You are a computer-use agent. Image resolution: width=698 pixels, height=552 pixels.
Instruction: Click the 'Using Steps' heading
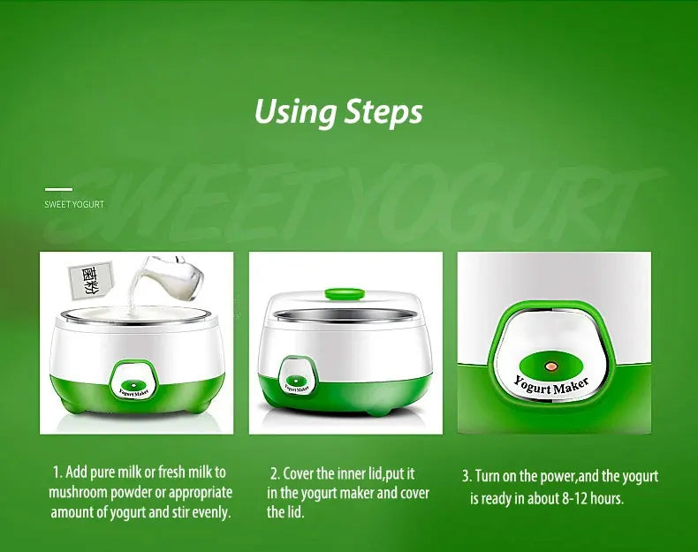pos(338,113)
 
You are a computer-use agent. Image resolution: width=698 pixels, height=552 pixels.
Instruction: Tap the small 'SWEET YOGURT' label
pos(74,204)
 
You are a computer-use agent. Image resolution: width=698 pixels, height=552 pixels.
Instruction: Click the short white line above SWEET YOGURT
pos(58,188)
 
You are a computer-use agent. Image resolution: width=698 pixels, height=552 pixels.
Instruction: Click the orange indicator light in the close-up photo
pos(550,366)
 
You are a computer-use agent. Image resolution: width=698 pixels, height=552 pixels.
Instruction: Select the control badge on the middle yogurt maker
pos(296,376)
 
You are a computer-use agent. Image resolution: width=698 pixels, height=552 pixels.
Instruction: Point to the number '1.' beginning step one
pos(57,473)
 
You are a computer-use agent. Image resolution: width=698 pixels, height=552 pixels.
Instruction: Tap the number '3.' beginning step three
pos(467,477)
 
